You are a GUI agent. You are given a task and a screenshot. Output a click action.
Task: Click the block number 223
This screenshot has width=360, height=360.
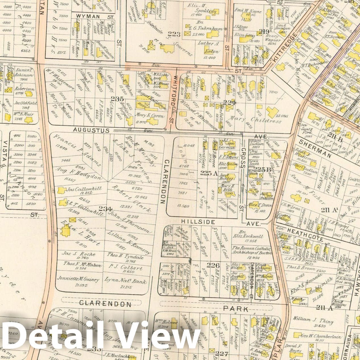(x=174, y=34)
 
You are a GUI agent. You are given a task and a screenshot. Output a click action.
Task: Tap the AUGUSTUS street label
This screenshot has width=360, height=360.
(x=91, y=130)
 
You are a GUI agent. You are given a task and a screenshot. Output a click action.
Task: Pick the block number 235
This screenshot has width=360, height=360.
(x=117, y=99)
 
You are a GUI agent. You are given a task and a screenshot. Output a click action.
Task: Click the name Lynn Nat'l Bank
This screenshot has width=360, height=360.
(x=126, y=282)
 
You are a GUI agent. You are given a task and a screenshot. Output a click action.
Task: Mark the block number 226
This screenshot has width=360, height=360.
(x=213, y=265)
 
